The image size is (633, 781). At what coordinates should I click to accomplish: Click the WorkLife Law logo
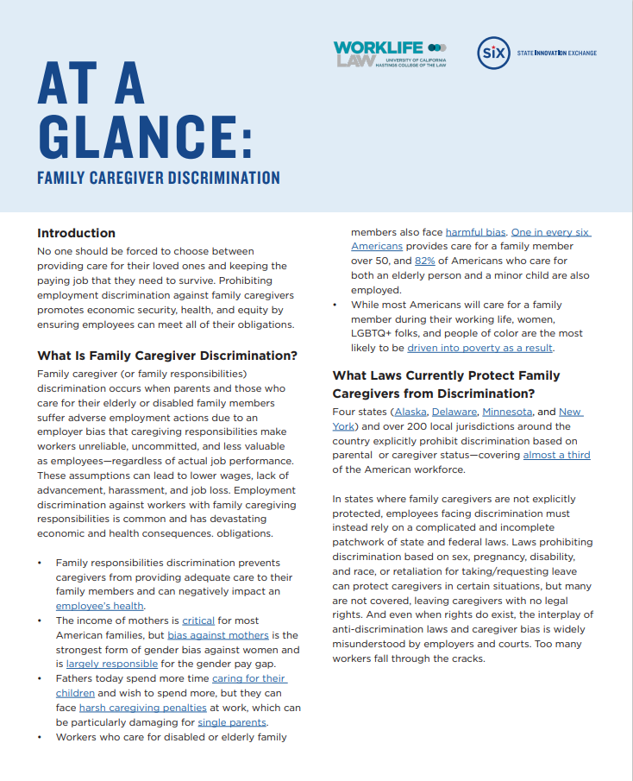point(389,54)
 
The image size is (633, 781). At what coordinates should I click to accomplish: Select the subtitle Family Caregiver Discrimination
point(159,179)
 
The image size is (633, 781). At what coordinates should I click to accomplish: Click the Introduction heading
point(76,233)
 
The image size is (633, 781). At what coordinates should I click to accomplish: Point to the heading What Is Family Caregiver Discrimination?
point(167,356)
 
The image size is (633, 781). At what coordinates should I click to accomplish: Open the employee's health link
point(100,606)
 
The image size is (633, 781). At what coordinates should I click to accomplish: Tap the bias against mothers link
point(217,635)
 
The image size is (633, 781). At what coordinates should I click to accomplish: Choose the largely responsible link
point(112,664)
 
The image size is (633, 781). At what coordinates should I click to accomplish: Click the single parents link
point(232,722)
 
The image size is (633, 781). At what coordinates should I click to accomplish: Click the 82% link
point(426,261)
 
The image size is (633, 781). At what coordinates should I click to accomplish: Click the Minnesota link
point(507,412)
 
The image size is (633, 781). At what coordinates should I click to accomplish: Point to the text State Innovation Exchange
point(556,54)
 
